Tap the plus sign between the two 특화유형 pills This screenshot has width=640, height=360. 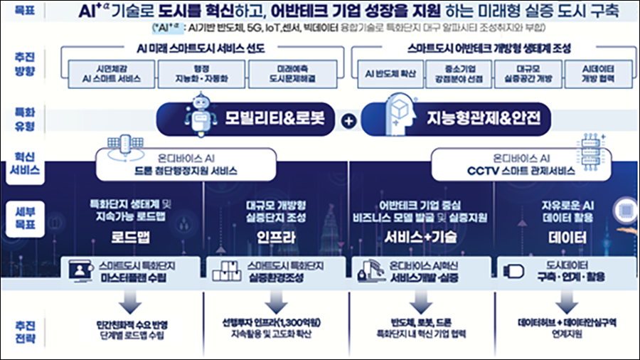click(348, 122)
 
